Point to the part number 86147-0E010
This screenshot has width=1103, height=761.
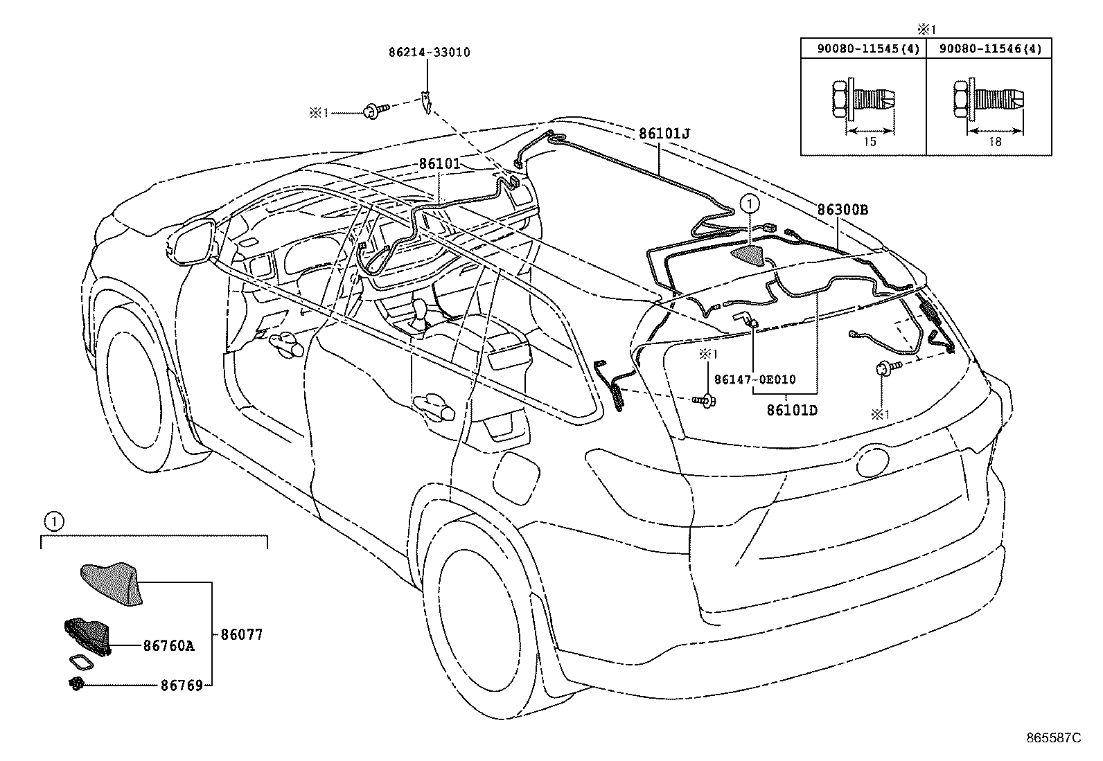(755, 379)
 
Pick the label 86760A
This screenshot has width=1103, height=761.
(168, 646)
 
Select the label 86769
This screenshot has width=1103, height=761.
(182, 686)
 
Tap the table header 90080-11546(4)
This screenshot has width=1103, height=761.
(989, 48)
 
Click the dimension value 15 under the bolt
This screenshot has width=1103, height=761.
(870, 141)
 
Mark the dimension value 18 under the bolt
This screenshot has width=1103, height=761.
(995, 141)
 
